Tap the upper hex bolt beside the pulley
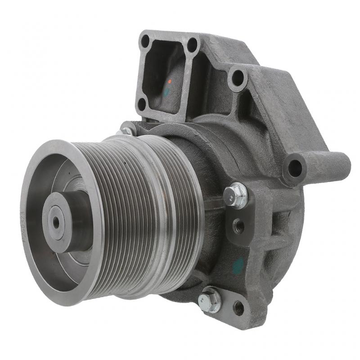[x=235, y=195]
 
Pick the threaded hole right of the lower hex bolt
[x=238, y=308]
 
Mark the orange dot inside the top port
[x=170, y=82]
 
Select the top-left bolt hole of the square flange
[x=145, y=41]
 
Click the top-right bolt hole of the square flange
[x=193, y=45]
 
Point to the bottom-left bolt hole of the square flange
[x=142, y=104]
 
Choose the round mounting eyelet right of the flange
[x=237, y=77]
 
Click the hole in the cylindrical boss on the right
[x=295, y=168]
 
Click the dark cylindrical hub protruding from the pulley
[x=72, y=220]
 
